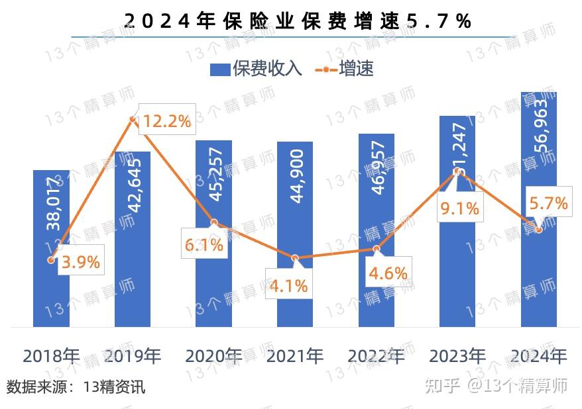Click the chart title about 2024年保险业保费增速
point(298,21)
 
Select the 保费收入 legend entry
point(257,69)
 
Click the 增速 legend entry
point(345,69)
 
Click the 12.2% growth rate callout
point(167,121)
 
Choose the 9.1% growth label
point(459,208)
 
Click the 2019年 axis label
point(133,356)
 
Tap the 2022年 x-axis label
point(377,356)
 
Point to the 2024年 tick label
point(539,356)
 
